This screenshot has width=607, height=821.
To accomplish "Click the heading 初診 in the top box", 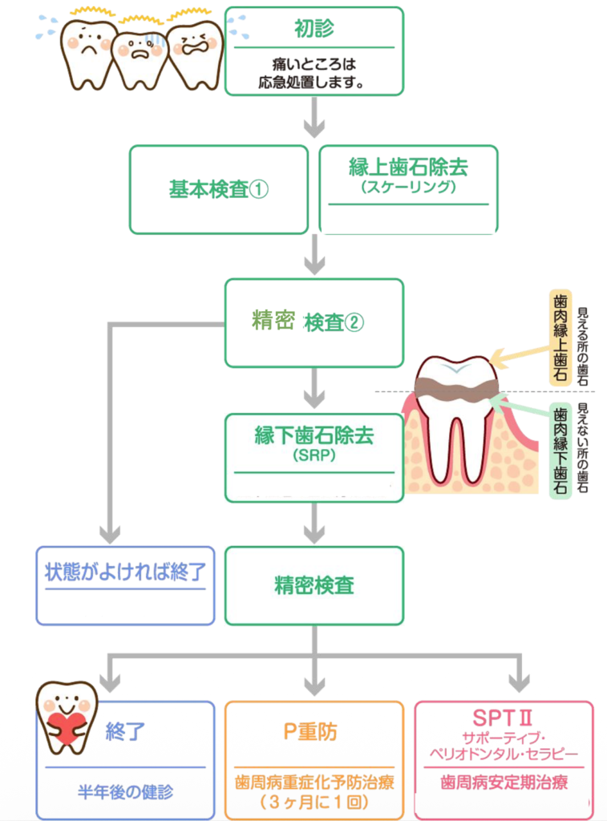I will [314, 29].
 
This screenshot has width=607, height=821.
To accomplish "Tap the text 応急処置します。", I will [314, 81].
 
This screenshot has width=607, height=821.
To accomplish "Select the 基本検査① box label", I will [218, 189].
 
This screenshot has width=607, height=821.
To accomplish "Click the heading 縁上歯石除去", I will [408, 168].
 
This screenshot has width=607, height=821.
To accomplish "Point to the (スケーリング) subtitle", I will [408, 188].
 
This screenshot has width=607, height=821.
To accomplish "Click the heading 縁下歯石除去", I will [314, 436].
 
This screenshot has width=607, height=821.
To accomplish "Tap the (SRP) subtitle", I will [314, 456].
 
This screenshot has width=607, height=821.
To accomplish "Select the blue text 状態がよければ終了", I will [125, 572].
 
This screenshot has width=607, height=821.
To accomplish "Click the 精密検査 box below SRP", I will [314, 584].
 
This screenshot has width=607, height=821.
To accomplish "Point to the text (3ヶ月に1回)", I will [314, 802].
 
